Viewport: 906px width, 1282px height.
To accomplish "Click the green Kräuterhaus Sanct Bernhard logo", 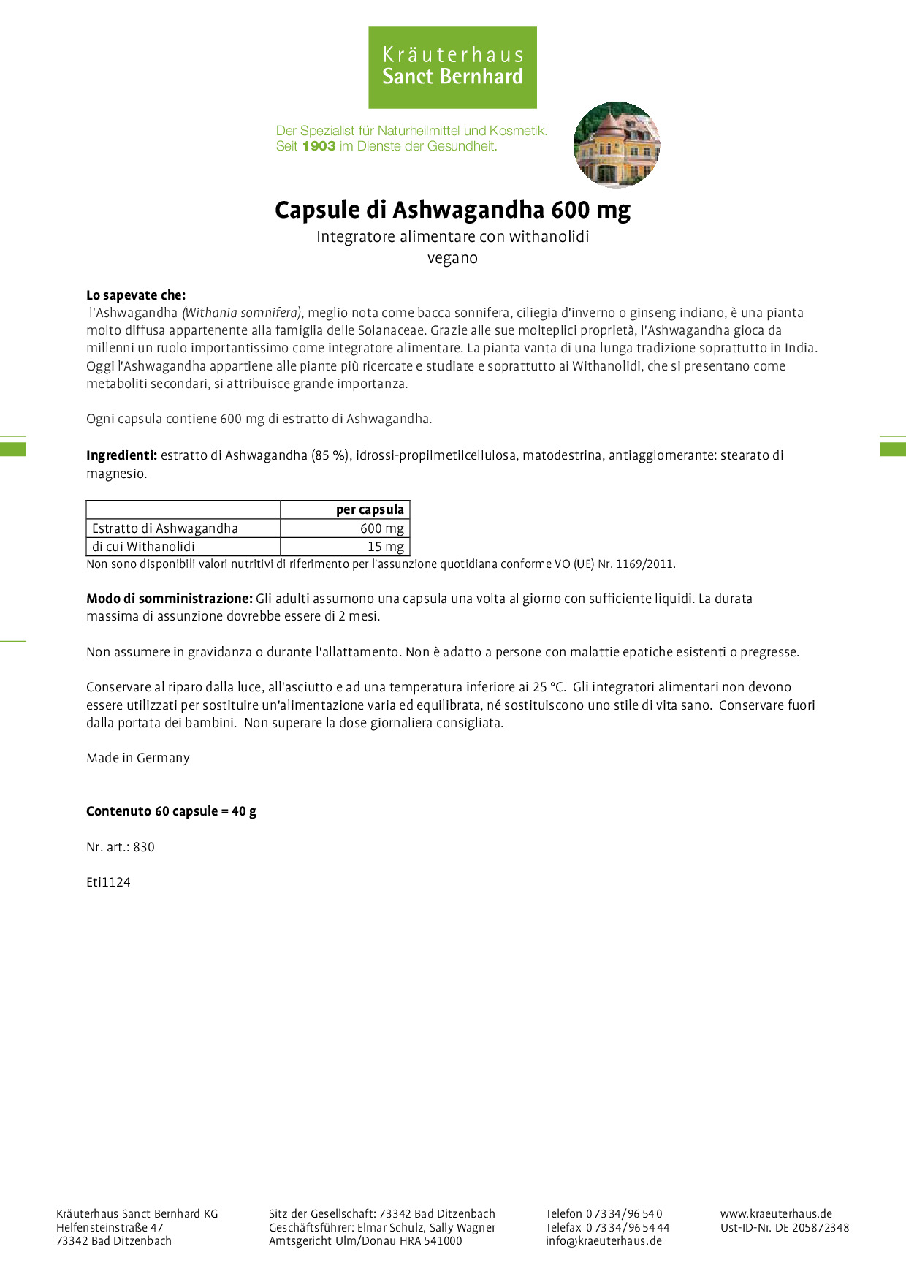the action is coord(452,67).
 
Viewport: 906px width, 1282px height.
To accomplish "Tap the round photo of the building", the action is coord(617,145).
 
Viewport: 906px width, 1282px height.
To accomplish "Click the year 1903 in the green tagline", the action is coord(319,146).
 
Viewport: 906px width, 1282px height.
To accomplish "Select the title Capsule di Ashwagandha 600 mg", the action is coord(452,210).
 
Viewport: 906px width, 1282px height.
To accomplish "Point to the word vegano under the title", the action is coord(452,258).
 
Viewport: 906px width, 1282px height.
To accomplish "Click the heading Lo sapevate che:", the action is coord(136,295).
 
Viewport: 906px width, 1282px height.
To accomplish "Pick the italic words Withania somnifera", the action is coord(241,313).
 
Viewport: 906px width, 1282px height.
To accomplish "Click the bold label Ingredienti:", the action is coord(121,455).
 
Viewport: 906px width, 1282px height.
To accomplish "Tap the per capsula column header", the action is coord(370,509).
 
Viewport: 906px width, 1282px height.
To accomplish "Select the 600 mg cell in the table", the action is coord(381,528).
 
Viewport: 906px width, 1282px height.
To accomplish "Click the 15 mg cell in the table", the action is coord(385,547).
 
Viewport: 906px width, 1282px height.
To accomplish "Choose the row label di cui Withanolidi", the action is coord(143,547).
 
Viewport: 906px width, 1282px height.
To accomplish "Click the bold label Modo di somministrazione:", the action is coord(170,599).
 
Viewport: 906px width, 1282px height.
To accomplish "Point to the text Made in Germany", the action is coord(138,758).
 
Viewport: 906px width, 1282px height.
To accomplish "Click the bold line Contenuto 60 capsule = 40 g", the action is coord(171,811).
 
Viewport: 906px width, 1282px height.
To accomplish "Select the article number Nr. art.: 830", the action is coord(121,847).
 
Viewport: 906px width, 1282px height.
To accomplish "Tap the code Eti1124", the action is coord(108,882).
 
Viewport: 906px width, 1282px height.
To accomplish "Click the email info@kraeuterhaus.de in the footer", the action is coord(604,1240).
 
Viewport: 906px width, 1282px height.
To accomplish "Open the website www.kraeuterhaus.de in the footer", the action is coord(776,1213).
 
